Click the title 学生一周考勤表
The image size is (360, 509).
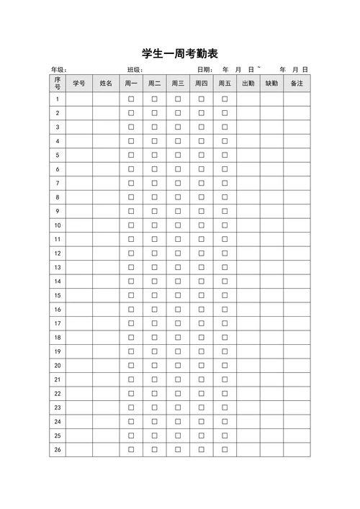point(180,54)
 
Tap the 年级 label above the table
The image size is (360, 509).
point(58,70)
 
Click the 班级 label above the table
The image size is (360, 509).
point(135,70)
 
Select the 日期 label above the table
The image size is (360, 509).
point(204,70)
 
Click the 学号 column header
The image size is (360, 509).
point(79,84)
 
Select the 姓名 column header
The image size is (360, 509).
point(106,84)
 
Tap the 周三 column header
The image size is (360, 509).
point(178,84)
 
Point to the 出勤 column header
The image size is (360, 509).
point(248,84)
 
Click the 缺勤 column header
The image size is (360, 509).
point(271,84)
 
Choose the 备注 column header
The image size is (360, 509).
point(296,84)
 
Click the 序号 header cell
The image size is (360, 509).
point(58,84)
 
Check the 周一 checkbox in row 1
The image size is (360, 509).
point(131,99)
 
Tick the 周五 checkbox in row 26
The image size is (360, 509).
point(225,450)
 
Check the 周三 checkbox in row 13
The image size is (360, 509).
point(178,267)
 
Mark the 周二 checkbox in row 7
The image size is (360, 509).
point(154,183)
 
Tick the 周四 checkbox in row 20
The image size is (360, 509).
point(202,366)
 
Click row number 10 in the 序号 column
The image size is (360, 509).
point(58,225)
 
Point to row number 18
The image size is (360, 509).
point(58,338)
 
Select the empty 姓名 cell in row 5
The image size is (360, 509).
point(106,155)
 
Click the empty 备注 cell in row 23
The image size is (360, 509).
point(296,407)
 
